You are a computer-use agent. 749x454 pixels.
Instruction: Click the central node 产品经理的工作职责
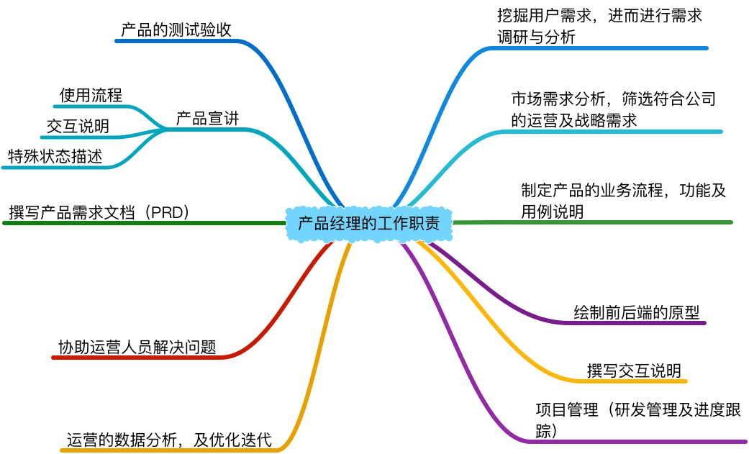369,223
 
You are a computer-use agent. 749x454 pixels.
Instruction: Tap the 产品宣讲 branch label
207,119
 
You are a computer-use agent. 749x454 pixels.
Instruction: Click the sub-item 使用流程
91,95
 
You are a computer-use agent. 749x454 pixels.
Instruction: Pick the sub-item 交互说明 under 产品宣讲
78,127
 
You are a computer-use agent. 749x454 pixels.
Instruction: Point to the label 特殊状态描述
55,156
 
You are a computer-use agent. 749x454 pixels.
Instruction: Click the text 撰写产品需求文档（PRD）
99,212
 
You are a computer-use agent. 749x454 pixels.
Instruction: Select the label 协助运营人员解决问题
137,346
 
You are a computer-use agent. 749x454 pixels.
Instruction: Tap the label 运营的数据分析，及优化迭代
169,439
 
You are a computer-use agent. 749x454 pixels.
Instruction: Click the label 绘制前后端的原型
636,312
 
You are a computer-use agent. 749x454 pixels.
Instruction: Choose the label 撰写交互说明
633,371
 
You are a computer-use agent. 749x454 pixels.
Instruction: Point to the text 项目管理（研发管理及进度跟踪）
637,420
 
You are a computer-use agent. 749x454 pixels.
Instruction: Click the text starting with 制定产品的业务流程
623,201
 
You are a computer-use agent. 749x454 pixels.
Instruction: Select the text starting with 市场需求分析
613,109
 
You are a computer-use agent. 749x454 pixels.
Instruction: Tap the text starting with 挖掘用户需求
599,26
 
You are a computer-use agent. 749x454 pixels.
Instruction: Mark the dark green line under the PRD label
144,223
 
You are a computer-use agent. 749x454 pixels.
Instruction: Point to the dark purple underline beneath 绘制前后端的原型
633,322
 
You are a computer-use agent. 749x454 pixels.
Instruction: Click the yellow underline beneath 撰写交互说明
633,381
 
